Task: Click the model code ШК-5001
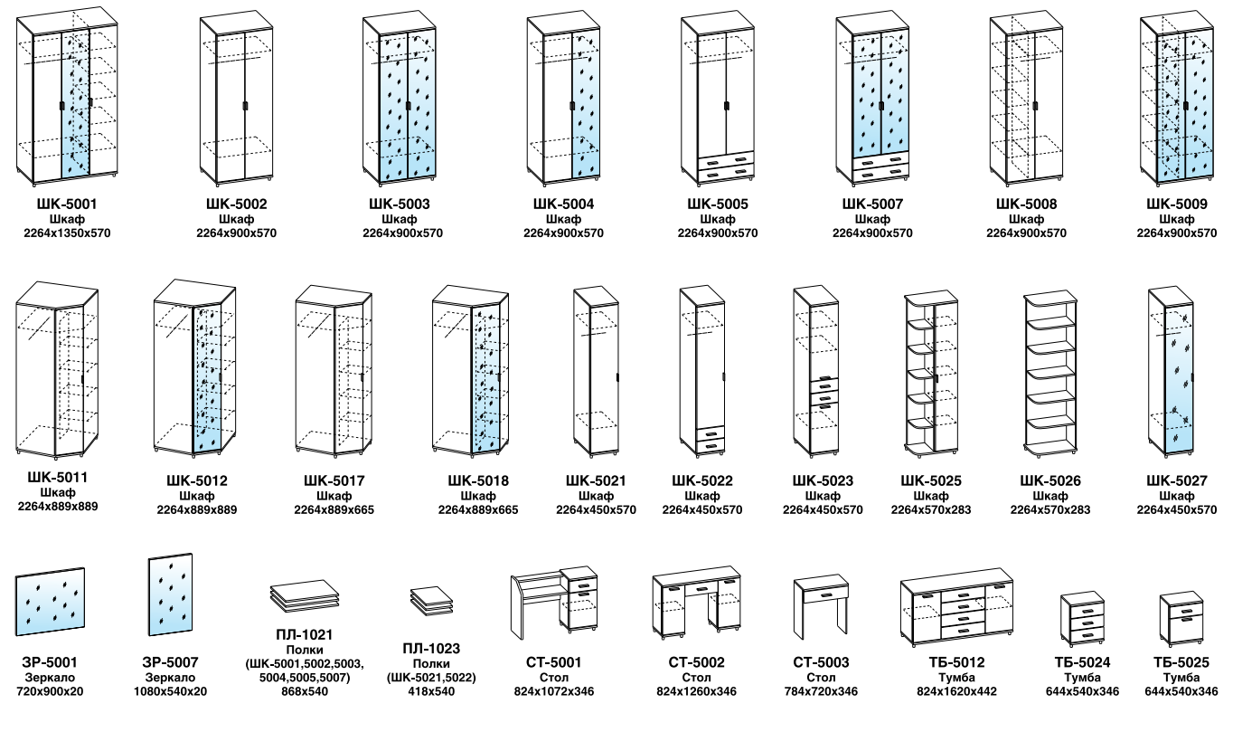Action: [x=67, y=204]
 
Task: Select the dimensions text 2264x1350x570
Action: [x=67, y=233]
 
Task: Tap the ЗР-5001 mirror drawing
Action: [x=50, y=602]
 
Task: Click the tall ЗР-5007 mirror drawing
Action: [x=170, y=594]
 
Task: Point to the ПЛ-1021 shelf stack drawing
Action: [x=305, y=596]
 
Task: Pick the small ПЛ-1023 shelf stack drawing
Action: [x=431, y=602]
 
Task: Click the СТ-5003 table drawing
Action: [x=821, y=606]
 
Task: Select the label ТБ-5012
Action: [x=956, y=662]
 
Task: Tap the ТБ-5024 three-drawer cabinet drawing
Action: [x=1082, y=619]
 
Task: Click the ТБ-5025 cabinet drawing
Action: [x=1181, y=619]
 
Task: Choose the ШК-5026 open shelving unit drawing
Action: [x=1050, y=374]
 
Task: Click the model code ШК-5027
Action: [x=1177, y=480]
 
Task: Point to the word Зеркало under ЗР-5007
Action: [x=170, y=678]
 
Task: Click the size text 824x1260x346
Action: [x=696, y=691]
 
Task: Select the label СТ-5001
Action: [x=554, y=662]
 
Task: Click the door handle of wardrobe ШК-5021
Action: [x=618, y=378]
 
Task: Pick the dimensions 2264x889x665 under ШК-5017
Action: [x=334, y=510]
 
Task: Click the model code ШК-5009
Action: [x=1177, y=204]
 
